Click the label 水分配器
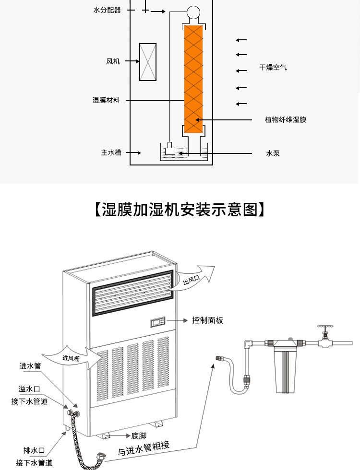pos(107,10)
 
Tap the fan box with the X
pos(147,62)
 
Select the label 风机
pos(113,61)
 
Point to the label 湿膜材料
pos(106,100)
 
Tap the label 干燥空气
pos(273,68)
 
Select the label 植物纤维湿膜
pos(286,119)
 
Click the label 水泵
pos(273,153)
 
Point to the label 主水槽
pos(111,153)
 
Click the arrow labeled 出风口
pos(196,278)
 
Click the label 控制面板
pos(207,320)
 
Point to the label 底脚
pos(139,436)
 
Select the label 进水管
pos(30,366)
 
